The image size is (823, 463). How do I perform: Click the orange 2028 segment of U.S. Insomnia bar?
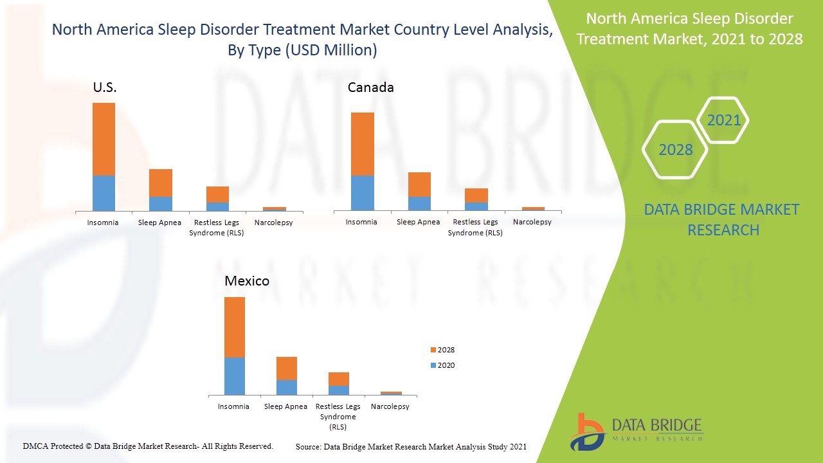pyautogui.click(x=104, y=139)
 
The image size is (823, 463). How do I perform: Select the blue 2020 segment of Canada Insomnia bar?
pyautogui.click(x=362, y=192)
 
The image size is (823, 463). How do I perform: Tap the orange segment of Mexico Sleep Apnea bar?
pyautogui.click(x=286, y=368)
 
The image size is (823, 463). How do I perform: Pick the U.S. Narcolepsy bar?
pyautogui.click(x=274, y=208)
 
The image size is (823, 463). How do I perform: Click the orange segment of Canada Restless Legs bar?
pyautogui.click(x=476, y=195)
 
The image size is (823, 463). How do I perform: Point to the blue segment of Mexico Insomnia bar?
pyautogui.click(x=234, y=376)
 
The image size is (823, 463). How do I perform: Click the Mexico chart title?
pyautogui.click(x=247, y=281)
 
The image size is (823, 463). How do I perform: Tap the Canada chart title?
pyautogui.click(x=370, y=87)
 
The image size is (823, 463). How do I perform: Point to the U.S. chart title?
pyautogui.click(x=105, y=88)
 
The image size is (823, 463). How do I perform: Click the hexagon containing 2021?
pyautogui.click(x=723, y=120)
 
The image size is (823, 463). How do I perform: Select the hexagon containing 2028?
pyautogui.click(x=675, y=150)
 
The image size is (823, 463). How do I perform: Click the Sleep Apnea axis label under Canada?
pyautogui.click(x=419, y=222)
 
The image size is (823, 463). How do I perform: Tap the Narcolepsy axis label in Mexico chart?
pyautogui.click(x=390, y=406)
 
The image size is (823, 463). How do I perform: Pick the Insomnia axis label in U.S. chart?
pyautogui.click(x=103, y=222)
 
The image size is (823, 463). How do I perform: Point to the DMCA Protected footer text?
pyautogui.click(x=148, y=446)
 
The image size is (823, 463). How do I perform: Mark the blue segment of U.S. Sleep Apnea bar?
pyautogui.click(x=161, y=203)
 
